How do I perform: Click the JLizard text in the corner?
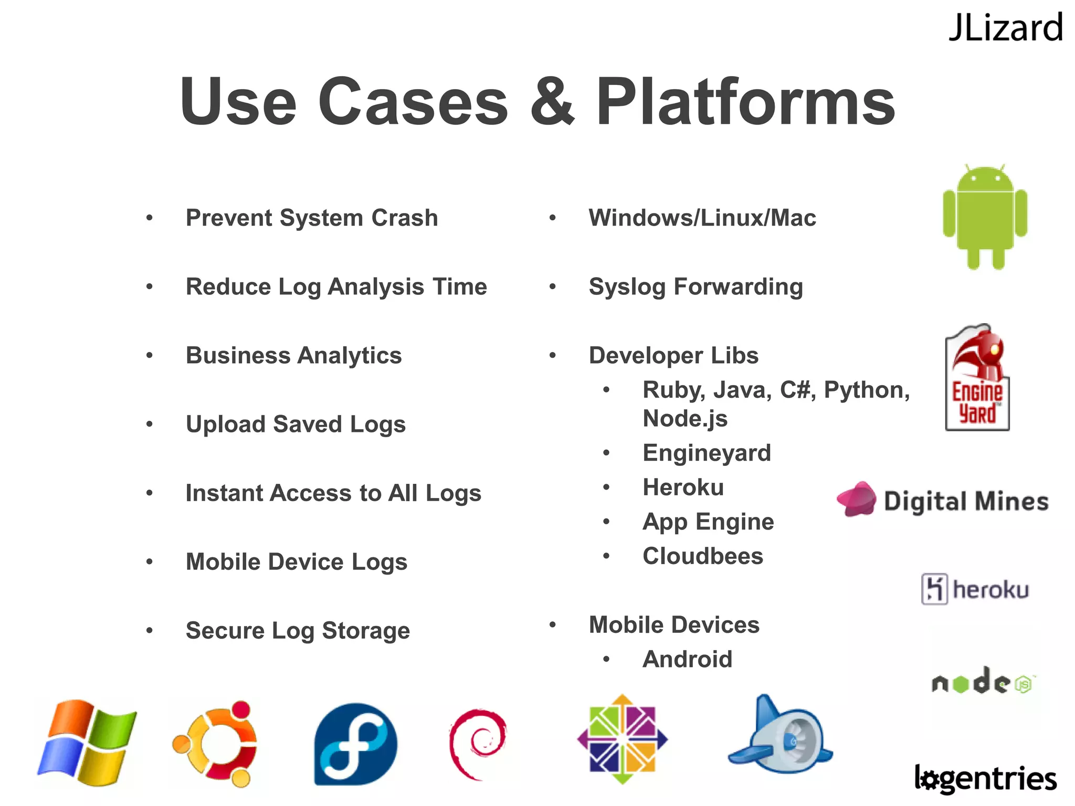tap(1005, 28)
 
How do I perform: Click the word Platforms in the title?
tap(745, 102)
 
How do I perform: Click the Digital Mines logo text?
tap(966, 501)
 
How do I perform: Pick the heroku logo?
tap(975, 589)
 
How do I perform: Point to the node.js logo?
tap(982, 682)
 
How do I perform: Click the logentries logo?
tap(985, 779)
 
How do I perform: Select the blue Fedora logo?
tap(355, 744)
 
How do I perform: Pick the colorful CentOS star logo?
tap(623, 739)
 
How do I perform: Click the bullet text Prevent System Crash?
tap(312, 218)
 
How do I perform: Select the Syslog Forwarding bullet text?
tap(695, 287)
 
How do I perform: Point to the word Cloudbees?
tap(702, 556)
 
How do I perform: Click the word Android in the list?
tap(687, 659)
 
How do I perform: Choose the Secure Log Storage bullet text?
tap(298, 631)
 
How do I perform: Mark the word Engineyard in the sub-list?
tap(707, 453)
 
